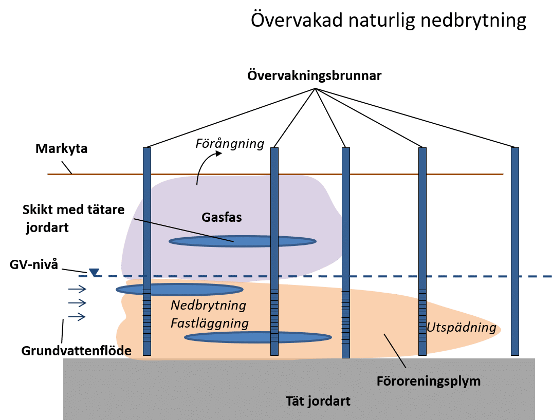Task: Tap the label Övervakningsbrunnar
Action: (315, 75)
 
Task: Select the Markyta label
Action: (62, 149)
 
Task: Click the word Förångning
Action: (230, 143)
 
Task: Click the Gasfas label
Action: (222, 217)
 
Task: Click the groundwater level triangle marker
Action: (94, 272)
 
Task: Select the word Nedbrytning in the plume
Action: (208, 306)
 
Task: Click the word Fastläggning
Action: (210, 323)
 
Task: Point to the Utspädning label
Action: (462, 327)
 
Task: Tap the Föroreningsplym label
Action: (429, 381)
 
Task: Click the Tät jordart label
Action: (318, 400)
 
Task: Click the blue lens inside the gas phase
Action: (243, 241)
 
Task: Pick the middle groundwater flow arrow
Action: (77, 303)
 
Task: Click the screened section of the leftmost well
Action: (147, 316)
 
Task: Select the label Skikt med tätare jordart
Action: (61, 218)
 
